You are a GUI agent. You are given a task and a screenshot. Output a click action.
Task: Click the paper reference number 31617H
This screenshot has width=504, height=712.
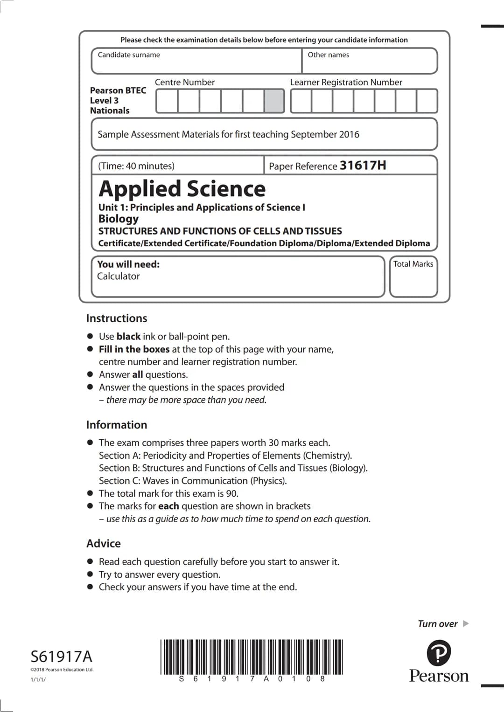coord(363,166)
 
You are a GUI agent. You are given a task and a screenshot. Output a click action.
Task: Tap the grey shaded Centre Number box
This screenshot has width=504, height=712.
coord(274,101)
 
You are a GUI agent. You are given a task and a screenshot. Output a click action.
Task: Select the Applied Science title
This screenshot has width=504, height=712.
coord(182,189)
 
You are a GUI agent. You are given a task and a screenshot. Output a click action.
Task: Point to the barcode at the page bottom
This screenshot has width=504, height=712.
coord(252,657)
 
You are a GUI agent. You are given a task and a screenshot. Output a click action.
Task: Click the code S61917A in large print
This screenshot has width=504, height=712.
coord(61,657)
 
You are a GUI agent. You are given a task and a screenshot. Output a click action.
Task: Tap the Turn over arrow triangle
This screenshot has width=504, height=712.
coord(465,624)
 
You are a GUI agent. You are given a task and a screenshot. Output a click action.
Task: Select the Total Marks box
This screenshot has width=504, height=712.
coord(413,277)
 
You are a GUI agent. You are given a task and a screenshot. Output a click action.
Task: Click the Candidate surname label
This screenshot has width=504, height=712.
coord(129,55)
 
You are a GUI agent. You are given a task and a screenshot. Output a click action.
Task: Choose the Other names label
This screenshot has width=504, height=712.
coord(328,55)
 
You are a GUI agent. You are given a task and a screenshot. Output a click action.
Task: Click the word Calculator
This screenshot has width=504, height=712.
coord(118,276)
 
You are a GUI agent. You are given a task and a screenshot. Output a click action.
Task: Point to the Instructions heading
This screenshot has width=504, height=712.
coord(117,318)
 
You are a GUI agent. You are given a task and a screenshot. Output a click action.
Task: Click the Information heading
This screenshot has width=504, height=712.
coord(117,425)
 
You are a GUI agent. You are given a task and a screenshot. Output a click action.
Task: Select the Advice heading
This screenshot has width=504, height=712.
coord(104,544)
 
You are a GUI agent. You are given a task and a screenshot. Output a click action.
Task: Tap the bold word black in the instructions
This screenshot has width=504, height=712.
coord(128,337)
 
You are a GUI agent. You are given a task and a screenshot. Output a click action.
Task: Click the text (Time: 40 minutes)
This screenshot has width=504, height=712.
coord(136,166)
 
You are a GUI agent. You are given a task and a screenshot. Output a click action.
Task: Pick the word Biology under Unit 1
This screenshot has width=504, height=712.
coord(119,219)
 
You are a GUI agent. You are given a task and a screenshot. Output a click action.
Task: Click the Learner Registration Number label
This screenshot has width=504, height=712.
coord(346,83)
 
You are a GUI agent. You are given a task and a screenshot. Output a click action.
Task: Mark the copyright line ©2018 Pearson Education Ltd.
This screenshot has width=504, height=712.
coord(62,670)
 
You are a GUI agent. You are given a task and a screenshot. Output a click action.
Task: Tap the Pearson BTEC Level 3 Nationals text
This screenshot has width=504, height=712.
coord(118,100)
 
